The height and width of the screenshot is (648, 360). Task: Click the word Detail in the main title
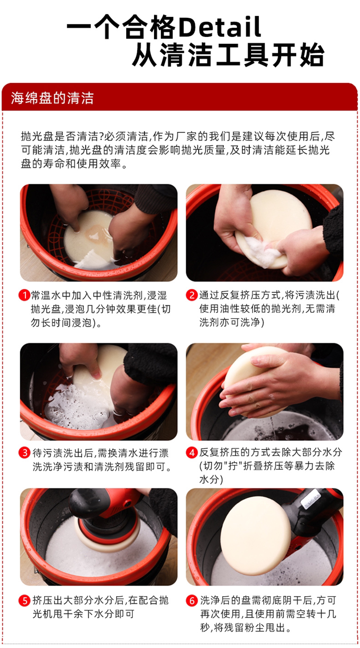tap(220, 27)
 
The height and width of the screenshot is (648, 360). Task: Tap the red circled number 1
tap(24, 295)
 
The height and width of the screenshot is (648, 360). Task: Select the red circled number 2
tap(192, 295)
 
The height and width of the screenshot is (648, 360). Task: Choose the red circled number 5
tap(24, 600)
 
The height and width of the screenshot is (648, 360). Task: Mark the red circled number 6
tap(192, 600)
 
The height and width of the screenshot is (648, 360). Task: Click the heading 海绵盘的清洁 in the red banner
tap(52, 98)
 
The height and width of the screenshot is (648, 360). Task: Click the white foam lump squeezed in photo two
tap(262, 250)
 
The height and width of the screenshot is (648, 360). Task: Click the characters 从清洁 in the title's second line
tap(173, 55)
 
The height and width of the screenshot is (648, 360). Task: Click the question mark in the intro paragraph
tap(101, 136)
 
